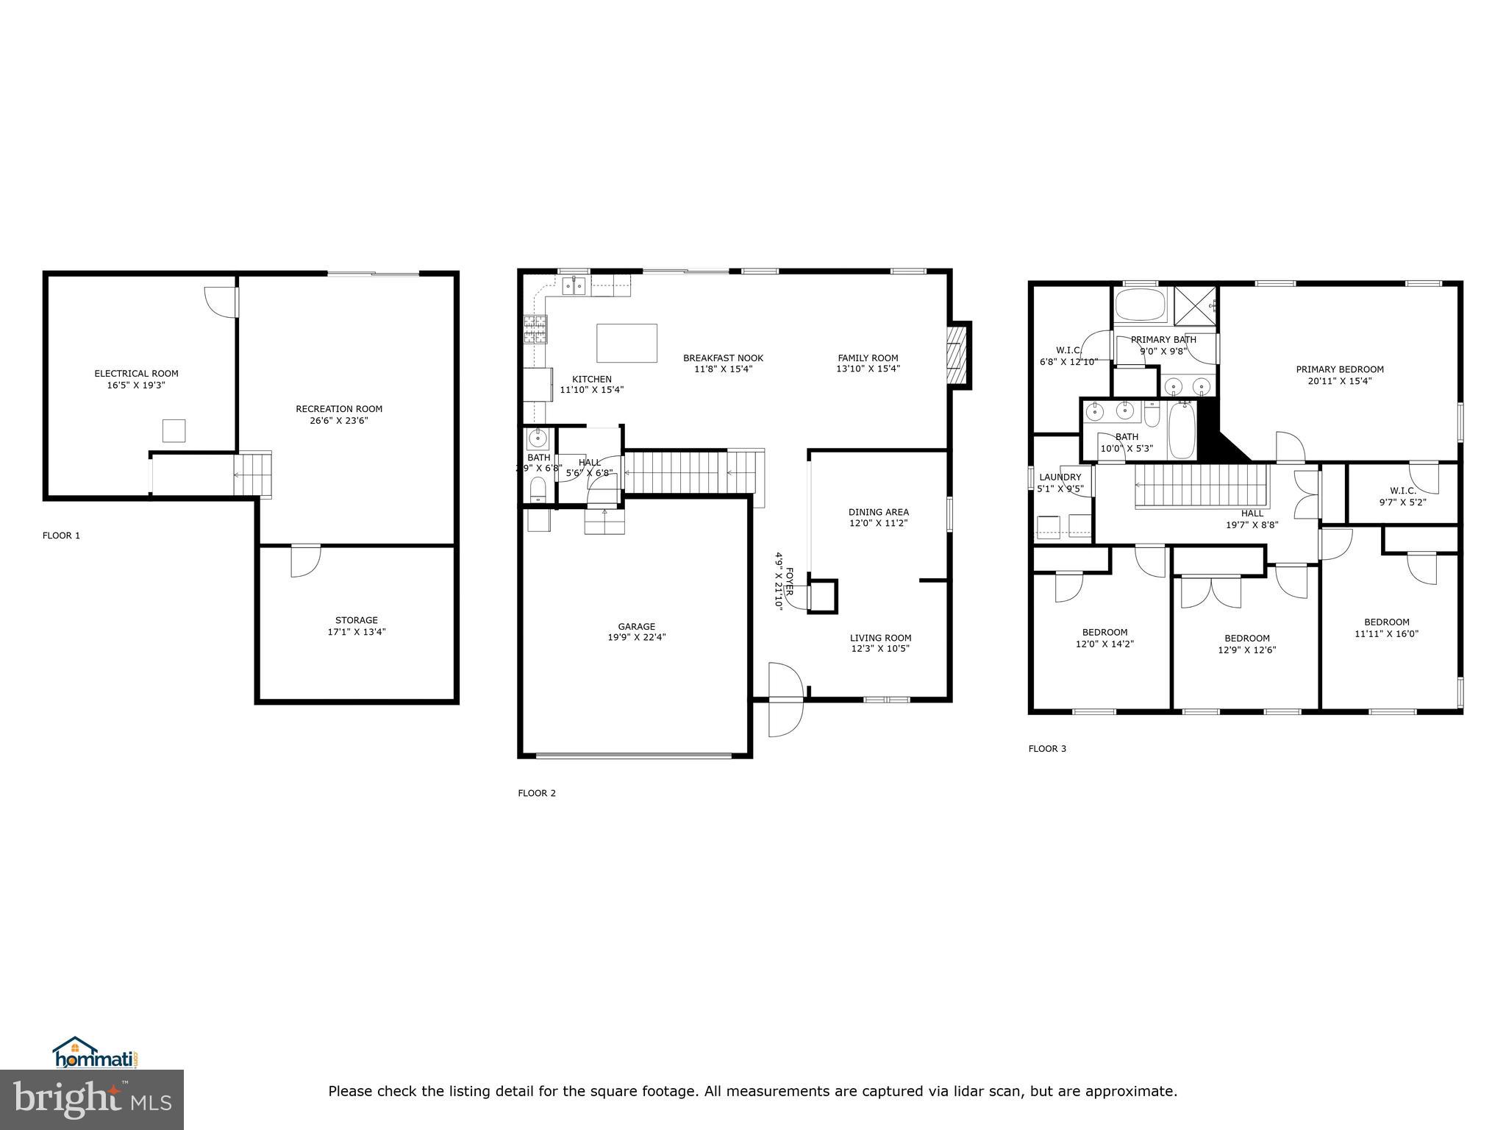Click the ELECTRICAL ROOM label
click(136, 374)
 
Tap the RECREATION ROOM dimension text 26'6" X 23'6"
click(338, 421)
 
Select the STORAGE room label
click(357, 620)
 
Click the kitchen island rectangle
click(627, 343)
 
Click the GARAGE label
click(636, 627)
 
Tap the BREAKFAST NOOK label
click(723, 358)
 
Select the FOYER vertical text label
click(790, 581)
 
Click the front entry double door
click(785, 700)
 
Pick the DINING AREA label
click(878, 512)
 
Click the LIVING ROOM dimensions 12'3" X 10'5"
click(880, 649)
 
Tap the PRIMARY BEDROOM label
click(1339, 369)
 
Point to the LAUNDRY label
click(1060, 477)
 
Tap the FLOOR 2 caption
click(536, 793)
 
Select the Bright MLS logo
click(92, 1099)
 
